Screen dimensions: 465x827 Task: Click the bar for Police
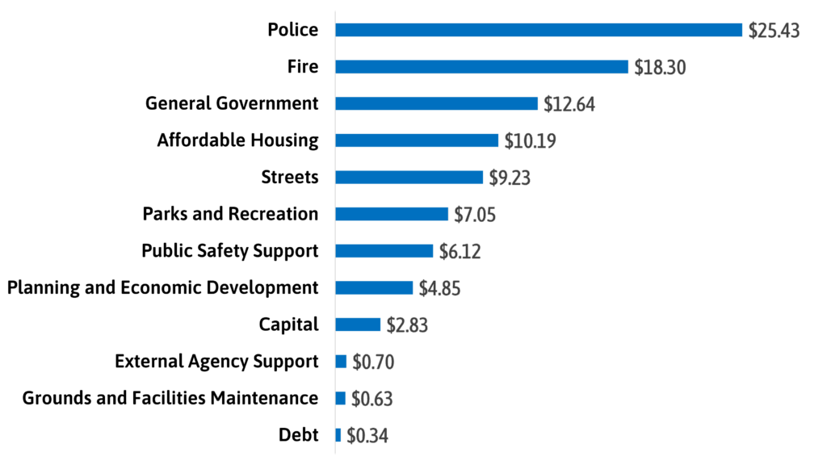click(x=539, y=30)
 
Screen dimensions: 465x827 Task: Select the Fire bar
click(x=481, y=67)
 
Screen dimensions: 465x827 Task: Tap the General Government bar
click(x=436, y=103)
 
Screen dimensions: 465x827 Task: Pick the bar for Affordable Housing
click(x=417, y=140)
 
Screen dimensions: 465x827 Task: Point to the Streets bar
click(x=409, y=178)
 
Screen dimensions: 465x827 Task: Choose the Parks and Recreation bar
click(x=392, y=214)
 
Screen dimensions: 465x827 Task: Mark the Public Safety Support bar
click(x=384, y=251)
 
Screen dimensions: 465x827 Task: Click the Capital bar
click(x=358, y=325)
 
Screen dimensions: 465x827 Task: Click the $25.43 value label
click(x=774, y=31)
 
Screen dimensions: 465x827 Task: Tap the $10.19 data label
click(x=530, y=141)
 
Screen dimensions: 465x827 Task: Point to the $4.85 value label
click(x=439, y=288)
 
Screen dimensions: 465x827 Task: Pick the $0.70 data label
click(x=373, y=362)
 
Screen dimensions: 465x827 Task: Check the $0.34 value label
click(x=367, y=436)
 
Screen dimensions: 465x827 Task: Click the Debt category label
click(x=298, y=435)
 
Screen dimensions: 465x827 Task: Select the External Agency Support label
click(x=216, y=361)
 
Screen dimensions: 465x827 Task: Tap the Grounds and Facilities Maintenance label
click(x=170, y=398)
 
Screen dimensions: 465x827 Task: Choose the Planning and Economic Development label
click(x=162, y=287)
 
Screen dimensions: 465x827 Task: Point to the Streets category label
click(x=290, y=177)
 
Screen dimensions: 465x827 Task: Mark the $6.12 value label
click(x=460, y=252)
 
